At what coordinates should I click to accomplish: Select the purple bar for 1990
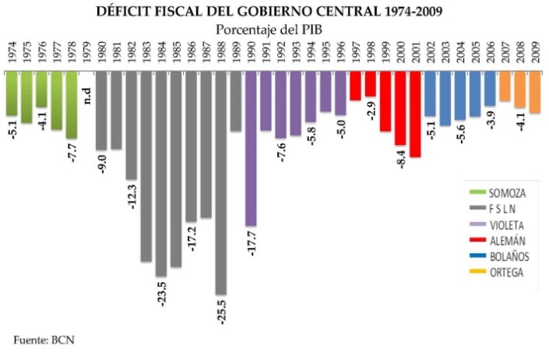251,148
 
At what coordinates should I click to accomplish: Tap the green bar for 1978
72,104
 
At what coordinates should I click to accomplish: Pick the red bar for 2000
399,108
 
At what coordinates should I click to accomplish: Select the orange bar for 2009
534,92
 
